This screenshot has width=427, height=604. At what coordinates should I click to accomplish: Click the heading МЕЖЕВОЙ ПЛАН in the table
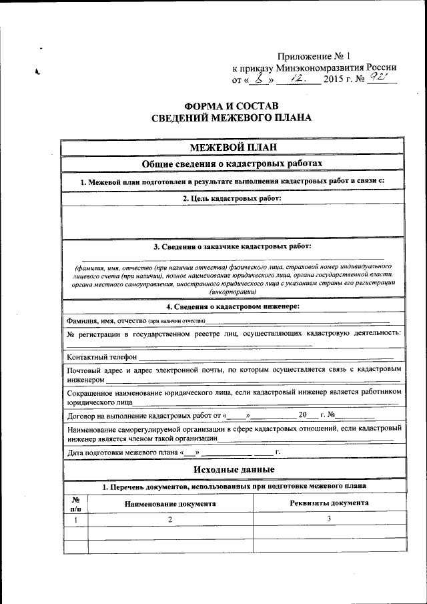click(233, 147)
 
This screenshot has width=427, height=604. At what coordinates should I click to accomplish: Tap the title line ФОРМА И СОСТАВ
click(233, 106)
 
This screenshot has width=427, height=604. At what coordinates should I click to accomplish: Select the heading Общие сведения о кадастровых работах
click(233, 164)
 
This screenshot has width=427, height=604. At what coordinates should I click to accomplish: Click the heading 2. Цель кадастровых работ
click(233, 198)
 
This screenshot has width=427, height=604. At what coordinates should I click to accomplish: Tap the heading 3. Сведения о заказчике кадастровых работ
click(233, 246)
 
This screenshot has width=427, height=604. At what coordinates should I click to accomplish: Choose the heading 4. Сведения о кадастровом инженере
click(233, 306)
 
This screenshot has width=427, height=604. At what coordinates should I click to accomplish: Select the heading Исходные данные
click(233, 471)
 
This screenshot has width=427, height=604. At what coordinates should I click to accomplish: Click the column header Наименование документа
click(169, 503)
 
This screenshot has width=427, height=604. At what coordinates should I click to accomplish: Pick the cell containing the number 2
click(169, 519)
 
